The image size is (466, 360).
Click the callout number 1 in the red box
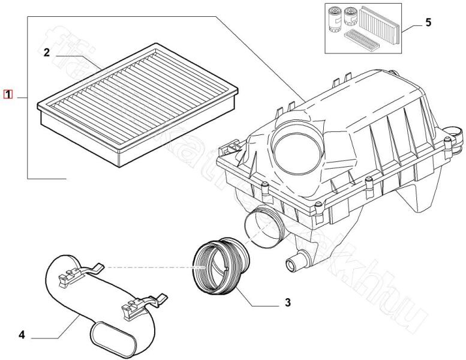8,94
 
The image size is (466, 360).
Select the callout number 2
46,53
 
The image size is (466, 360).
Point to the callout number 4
22,334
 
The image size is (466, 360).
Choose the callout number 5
428,23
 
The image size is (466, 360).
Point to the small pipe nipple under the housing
293,262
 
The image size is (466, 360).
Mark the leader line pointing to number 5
410,26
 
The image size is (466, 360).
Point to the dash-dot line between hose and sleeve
150,266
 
